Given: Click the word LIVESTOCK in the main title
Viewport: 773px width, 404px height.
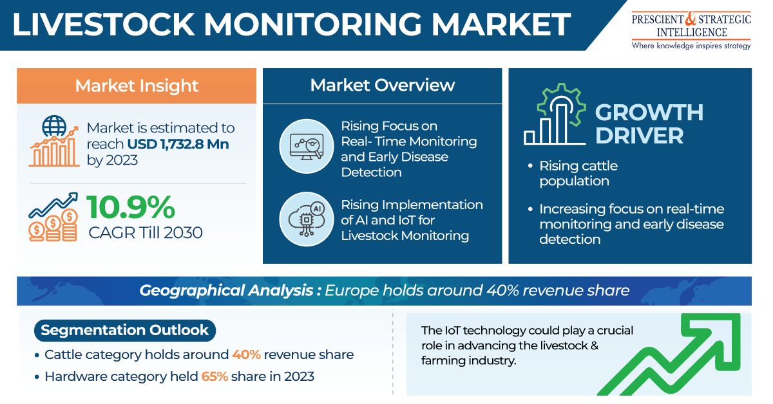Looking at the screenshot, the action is [x=104, y=24].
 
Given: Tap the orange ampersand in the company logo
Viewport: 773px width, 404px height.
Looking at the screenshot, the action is [x=691, y=19].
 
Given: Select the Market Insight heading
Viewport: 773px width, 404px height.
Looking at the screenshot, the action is [x=137, y=86].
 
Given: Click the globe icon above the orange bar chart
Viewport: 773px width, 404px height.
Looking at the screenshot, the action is [x=54, y=126].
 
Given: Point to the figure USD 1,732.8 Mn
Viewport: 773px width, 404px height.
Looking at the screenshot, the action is [x=178, y=144].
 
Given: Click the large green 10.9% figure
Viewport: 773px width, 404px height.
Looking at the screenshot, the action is [x=131, y=207].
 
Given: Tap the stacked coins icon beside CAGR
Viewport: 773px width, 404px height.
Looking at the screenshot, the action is [x=53, y=225].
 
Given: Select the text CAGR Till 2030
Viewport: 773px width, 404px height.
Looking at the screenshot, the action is [x=146, y=233].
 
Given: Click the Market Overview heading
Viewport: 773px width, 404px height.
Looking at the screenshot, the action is [x=383, y=85].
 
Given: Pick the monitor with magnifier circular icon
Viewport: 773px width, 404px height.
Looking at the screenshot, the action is [x=307, y=146].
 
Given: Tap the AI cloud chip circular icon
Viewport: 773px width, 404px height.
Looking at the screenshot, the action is [x=307, y=219].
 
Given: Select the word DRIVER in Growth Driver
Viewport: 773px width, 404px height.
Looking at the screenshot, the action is [x=640, y=136].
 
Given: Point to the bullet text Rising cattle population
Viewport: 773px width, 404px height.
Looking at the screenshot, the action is [x=578, y=174].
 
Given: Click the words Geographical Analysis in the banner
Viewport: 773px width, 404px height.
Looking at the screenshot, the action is [x=226, y=291].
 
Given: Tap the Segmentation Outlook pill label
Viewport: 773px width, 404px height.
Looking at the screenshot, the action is [x=125, y=330].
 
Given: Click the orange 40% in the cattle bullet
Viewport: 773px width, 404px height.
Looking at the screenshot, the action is [x=246, y=354].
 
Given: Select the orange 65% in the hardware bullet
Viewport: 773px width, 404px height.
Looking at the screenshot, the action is [x=215, y=376].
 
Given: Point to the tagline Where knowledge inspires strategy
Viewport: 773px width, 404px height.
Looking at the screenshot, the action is [x=691, y=46].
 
